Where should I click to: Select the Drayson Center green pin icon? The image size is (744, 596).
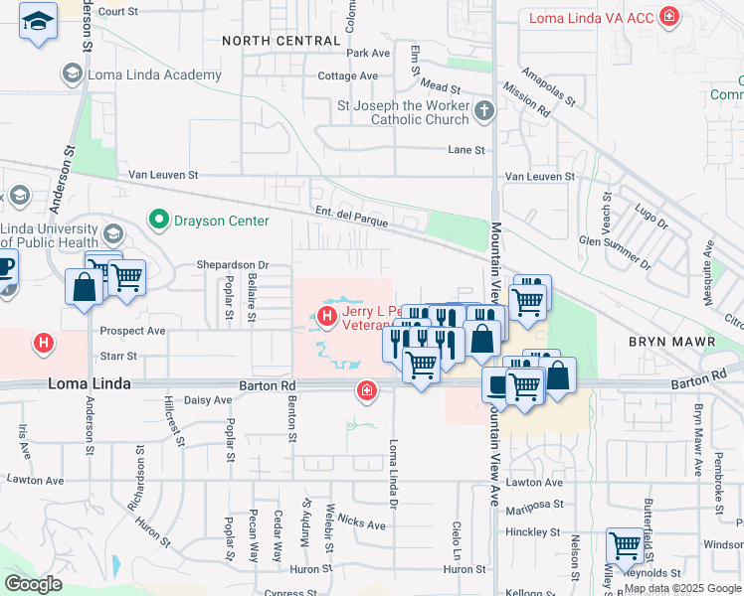click(x=157, y=220)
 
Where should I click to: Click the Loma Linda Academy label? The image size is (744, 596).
click(x=154, y=75)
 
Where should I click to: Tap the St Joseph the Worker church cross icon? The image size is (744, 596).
click(x=484, y=110)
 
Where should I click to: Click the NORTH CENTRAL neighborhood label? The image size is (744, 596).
click(x=280, y=41)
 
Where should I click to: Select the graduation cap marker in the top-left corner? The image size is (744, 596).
click(x=38, y=22)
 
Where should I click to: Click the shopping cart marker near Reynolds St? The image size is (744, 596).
click(x=625, y=545)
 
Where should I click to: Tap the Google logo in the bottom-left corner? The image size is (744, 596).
click(x=32, y=584)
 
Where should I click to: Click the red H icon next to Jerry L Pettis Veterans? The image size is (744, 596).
click(x=327, y=317)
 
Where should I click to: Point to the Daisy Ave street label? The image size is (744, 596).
click(x=208, y=400)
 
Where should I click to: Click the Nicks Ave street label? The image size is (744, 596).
click(x=361, y=522)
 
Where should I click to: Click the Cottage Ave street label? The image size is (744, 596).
click(x=347, y=75)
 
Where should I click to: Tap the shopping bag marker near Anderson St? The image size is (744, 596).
click(x=85, y=287)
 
